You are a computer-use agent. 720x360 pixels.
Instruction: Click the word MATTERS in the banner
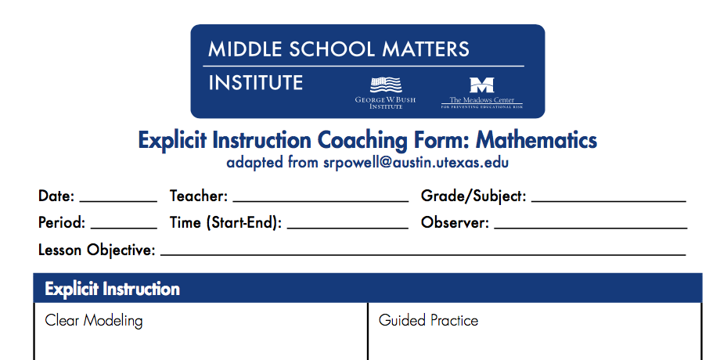tap(426, 49)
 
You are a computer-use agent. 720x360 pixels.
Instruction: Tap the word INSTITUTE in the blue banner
tap(256, 83)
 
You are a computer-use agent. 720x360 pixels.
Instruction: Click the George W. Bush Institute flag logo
tap(386, 85)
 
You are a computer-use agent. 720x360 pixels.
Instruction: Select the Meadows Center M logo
tap(481, 85)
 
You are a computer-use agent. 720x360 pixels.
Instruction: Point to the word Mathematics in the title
tap(536, 140)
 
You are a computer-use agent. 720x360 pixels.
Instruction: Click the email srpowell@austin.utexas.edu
tap(416, 163)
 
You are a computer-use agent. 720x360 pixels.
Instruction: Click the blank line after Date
tap(118, 201)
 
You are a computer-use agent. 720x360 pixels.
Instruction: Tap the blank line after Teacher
tap(321, 201)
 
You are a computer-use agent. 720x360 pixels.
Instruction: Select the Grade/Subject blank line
tap(608, 201)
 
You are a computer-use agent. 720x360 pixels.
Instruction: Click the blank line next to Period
tap(124, 228)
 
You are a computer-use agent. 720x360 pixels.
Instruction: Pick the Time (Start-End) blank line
tap(347, 228)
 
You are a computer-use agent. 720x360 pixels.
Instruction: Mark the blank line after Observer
tap(591, 228)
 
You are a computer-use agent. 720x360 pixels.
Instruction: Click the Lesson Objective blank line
tap(423, 254)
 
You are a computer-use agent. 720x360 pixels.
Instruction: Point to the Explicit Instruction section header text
tap(112, 290)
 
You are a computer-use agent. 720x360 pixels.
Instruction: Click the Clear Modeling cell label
tap(94, 321)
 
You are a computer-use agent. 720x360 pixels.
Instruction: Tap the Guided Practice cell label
tap(428, 320)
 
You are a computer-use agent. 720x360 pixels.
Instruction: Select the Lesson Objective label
tap(97, 250)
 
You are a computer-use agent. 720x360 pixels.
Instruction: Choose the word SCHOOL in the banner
tap(333, 49)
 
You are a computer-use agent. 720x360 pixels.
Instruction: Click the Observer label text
tap(455, 223)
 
